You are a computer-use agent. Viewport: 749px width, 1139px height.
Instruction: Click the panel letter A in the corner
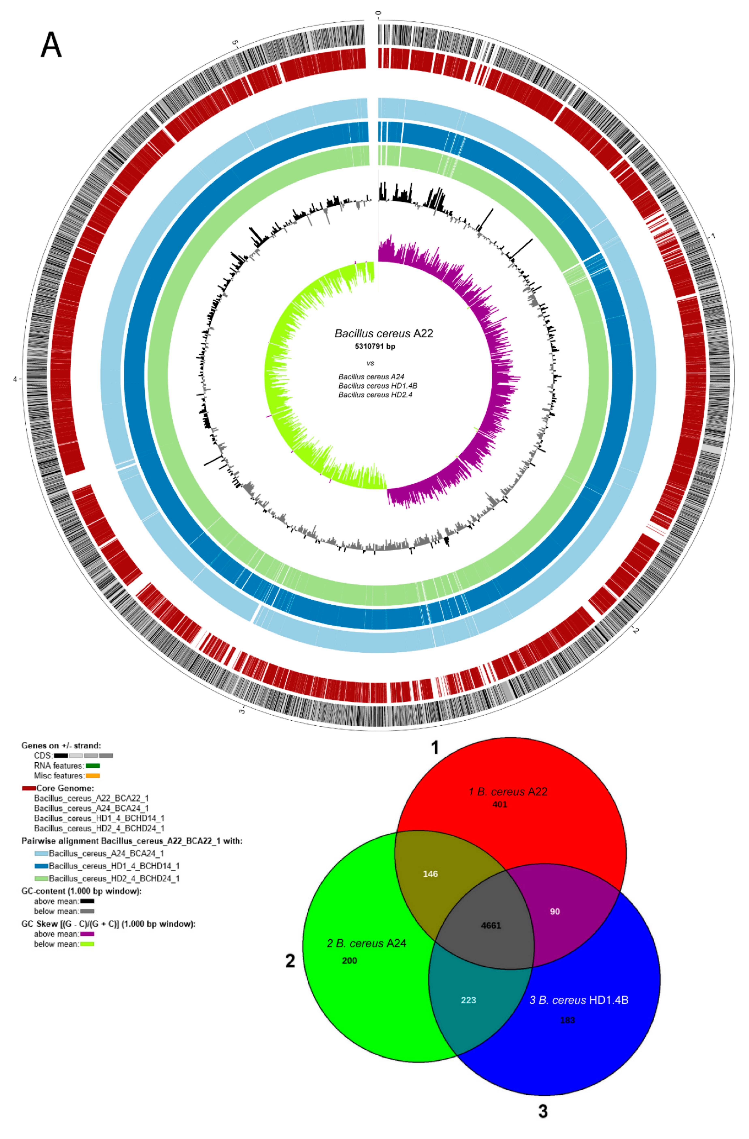click(x=51, y=46)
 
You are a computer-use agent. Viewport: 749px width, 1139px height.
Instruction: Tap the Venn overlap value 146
click(x=430, y=874)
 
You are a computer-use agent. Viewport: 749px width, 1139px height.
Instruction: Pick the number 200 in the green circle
click(x=350, y=960)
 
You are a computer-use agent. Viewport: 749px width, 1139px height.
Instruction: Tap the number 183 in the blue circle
click(x=568, y=1020)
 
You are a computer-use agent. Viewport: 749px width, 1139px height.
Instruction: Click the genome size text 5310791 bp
click(x=375, y=346)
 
